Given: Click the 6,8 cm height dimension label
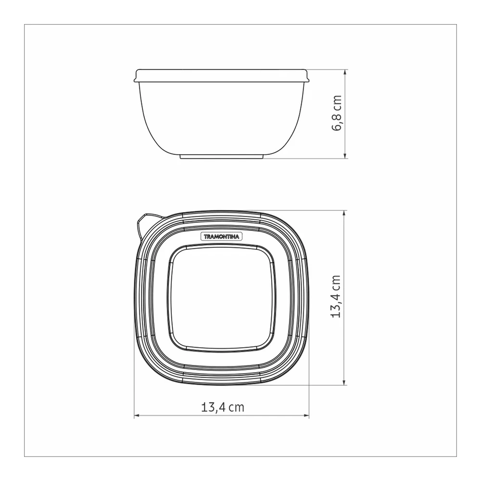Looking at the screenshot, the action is click(337, 113).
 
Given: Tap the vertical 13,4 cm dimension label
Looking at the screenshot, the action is click(336, 296).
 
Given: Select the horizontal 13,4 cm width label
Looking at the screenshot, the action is click(223, 407).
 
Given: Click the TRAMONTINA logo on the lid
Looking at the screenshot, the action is click(221, 237).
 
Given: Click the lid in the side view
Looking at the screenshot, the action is click(220, 76).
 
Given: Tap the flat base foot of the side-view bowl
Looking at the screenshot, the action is click(221, 157).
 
